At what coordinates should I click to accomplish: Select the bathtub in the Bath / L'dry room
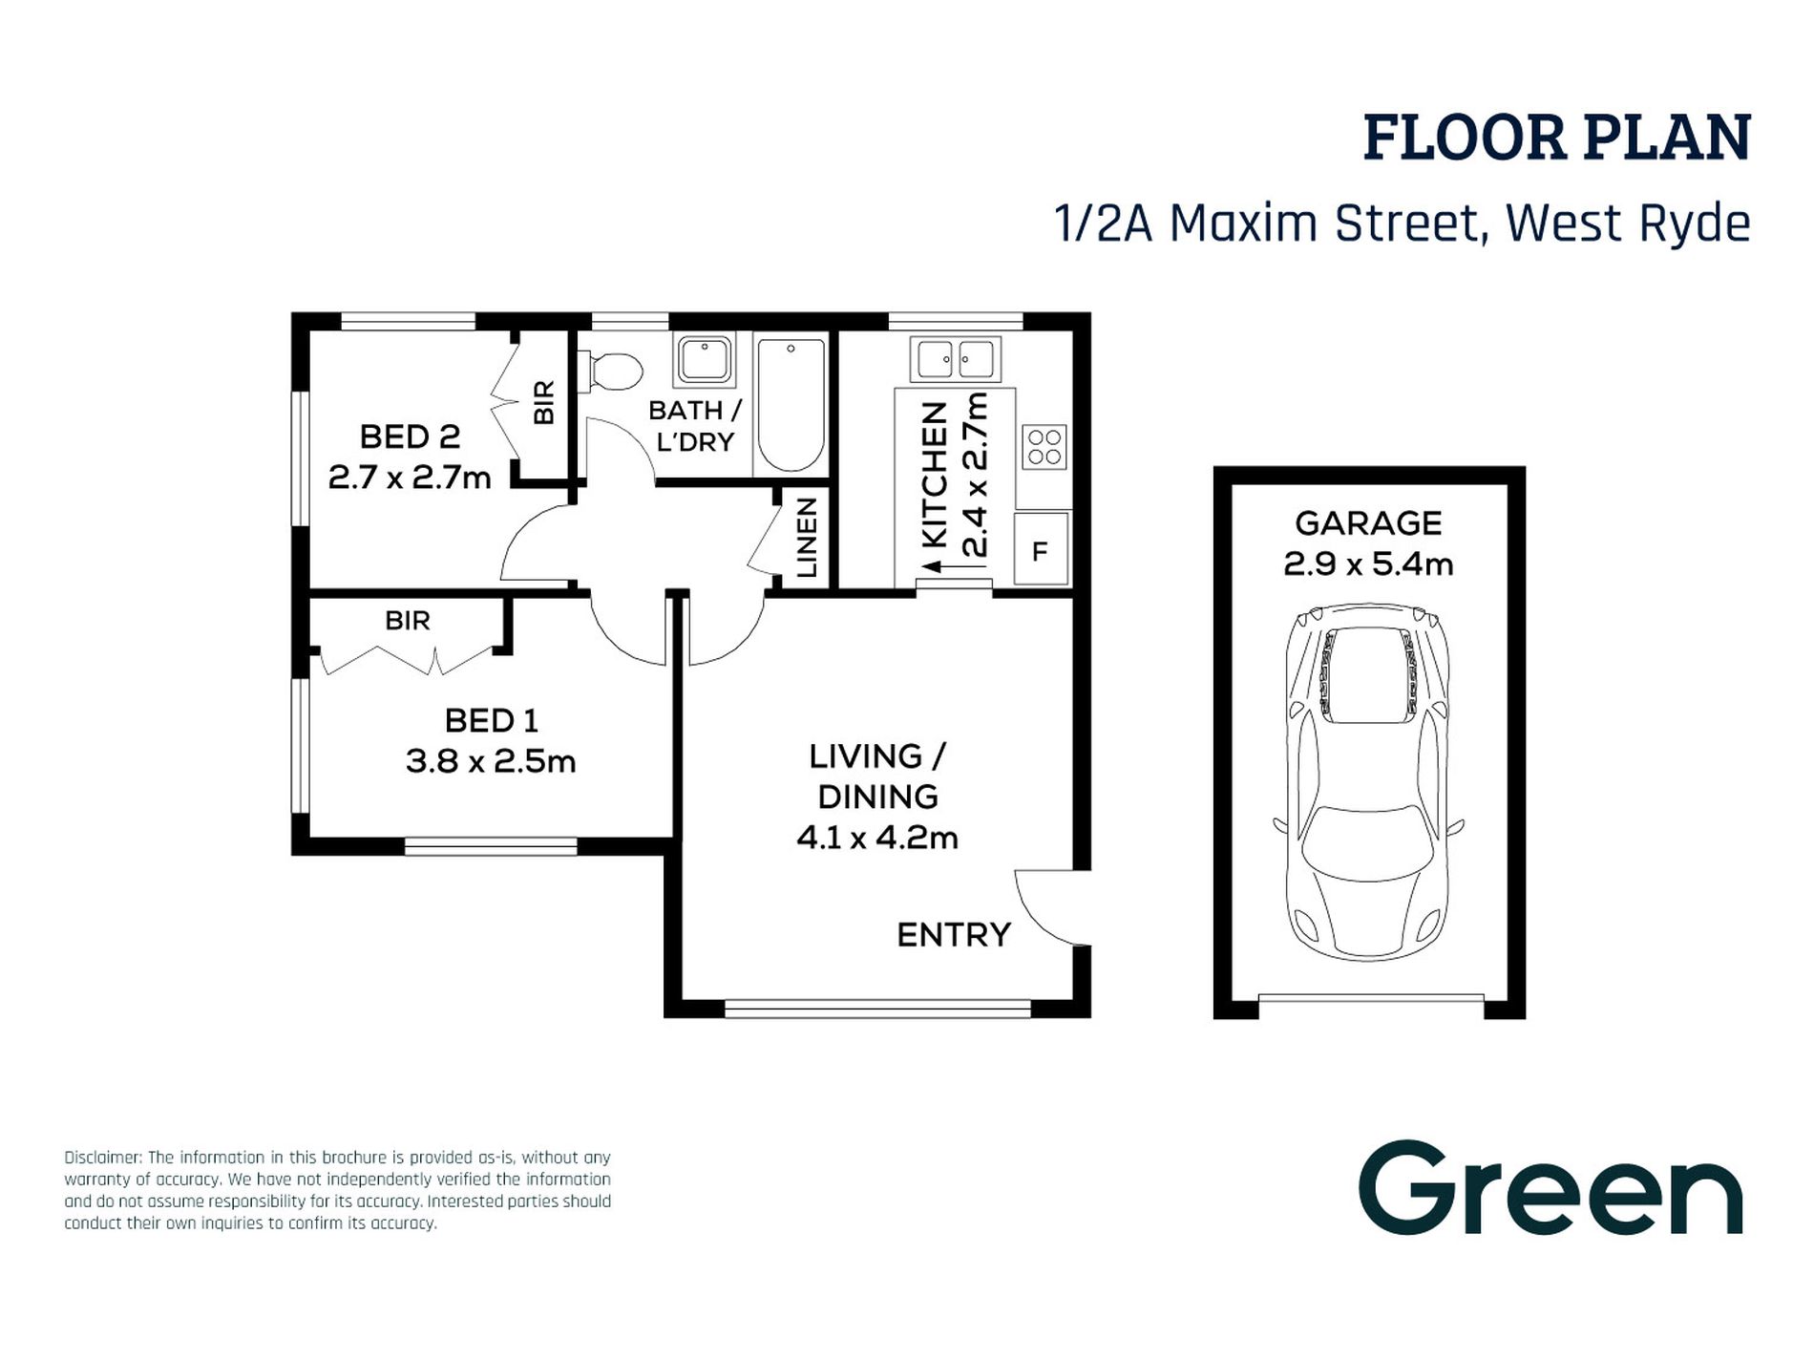coord(790,405)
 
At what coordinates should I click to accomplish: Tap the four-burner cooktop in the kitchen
coord(1044,447)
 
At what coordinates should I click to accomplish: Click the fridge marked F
coord(1041,550)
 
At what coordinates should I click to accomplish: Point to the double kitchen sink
coord(955,360)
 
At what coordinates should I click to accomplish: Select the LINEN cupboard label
coord(808,538)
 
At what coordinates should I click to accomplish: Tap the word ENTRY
coord(953,935)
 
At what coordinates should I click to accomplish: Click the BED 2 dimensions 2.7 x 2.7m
coord(410,477)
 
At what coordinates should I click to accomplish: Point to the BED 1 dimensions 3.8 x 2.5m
coord(491,761)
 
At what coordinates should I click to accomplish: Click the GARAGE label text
coord(1367,523)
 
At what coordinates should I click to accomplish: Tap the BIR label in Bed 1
coord(408,622)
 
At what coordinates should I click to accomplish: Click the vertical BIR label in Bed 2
coord(543,402)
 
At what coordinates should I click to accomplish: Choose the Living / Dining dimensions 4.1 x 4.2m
coord(876,838)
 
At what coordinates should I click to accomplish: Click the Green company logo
coord(1550,1189)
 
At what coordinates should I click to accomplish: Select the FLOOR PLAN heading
coord(1556,138)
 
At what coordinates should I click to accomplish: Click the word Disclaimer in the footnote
coord(102,1158)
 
